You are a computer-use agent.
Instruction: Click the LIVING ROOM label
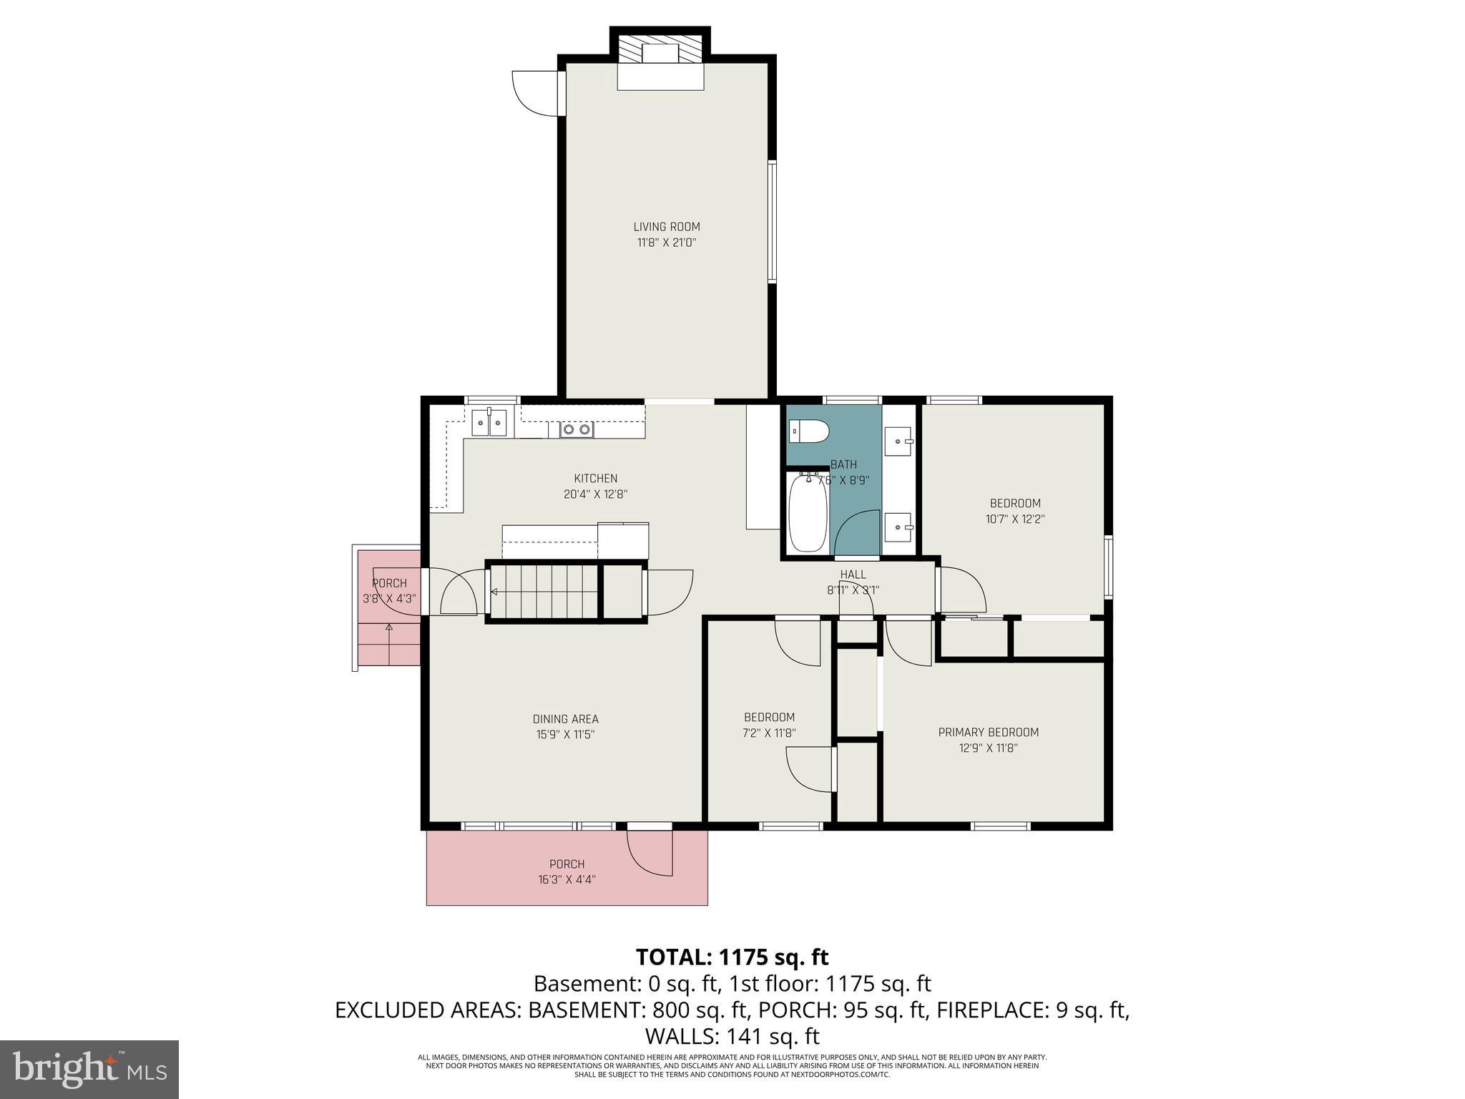pyautogui.click(x=666, y=227)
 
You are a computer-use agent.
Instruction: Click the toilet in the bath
pyautogui.click(x=808, y=432)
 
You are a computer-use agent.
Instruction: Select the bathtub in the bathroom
pyautogui.click(x=808, y=513)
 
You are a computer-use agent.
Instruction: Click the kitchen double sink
pyautogui.click(x=490, y=422)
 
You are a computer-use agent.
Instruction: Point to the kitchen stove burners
pyautogui.click(x=576, y=429)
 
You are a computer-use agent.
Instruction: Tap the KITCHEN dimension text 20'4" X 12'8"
pyautogui.click(x=595, y=494)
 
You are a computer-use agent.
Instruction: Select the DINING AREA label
pyautogui.click(x=565, y=719)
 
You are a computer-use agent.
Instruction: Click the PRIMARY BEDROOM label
pyautogui.click(x=988, y=732)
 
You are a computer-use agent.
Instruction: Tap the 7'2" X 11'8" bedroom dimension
pyautogui.click(x=769, y=733)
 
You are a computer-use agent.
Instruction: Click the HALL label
pyautogui.click(x=853, y=575)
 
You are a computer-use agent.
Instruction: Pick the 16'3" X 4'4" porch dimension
pyautogui.click(x=567, y=880)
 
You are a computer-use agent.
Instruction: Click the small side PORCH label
pyautogui.click(x=389, y=583)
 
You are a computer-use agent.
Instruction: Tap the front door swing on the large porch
pyautogui.click(x=650, y=853)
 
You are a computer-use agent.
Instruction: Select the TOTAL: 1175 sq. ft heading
pyautogui.click(x=732, y=957)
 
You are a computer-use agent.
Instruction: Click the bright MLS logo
pyautogui.click(x=89, y=1069)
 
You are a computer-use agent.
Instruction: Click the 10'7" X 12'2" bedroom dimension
pyautogui.click(x=1014, y=519)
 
